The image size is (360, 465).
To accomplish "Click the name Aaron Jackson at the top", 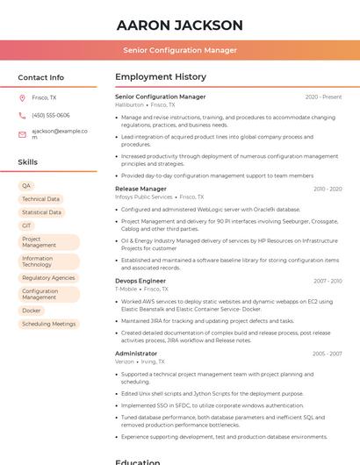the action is [180, 25].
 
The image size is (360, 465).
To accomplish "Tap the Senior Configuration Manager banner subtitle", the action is [180, 50].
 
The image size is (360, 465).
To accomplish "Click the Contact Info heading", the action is [40, 77].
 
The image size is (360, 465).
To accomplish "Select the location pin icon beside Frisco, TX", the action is [22, 98].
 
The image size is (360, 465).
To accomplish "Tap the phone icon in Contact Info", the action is [22, 115].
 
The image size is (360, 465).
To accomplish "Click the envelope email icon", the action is [22, 134].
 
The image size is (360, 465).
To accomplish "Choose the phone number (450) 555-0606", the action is [51, 115].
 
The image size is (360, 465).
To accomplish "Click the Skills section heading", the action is [27, 162].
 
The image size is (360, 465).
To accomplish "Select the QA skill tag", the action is [26, 186].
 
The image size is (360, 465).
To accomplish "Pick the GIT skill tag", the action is [26, 225].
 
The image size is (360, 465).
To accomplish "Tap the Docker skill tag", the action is [32, 311].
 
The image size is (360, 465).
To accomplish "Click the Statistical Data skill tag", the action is [41, 212].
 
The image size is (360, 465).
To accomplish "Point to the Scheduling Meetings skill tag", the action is [48, 324].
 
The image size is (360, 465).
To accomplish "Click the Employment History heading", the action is [161, 77].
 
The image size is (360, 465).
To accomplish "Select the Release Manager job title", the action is [140, 189].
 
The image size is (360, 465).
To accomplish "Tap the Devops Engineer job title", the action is [140, 281].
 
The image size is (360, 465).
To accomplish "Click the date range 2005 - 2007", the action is [327, 354].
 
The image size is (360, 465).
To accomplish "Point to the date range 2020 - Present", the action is [323, 97].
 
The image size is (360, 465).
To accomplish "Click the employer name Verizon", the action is [125, 361].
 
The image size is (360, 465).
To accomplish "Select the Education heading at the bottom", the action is [139, 461].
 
